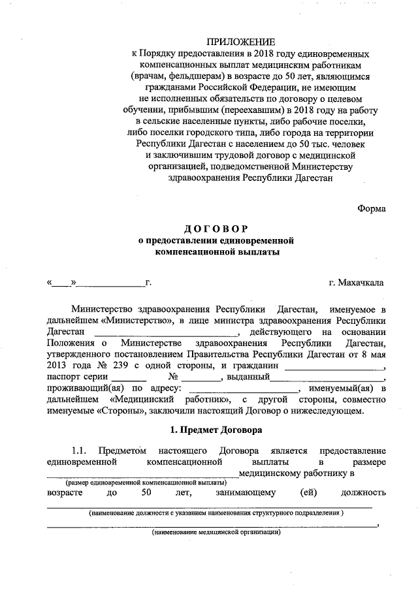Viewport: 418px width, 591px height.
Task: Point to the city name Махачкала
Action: [364, 283]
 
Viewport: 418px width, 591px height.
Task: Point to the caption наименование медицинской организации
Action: [216, 532]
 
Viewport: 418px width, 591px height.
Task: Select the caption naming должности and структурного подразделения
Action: [216, 513]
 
